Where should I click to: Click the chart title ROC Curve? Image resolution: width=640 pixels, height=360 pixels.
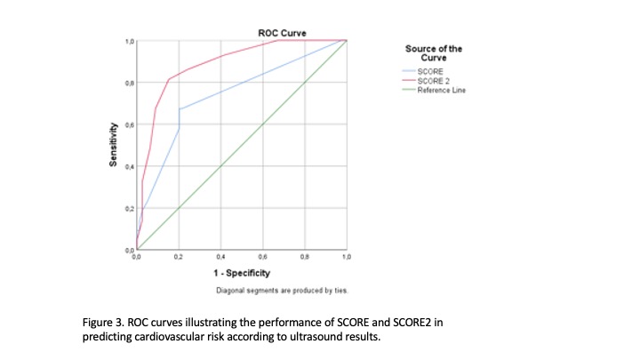[282, 33]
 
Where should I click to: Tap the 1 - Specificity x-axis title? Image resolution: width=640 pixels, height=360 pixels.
[240, 273]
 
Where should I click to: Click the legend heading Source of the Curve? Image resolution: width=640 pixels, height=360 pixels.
[434, 52]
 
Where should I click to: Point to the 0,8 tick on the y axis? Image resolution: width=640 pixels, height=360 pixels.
[129, 83]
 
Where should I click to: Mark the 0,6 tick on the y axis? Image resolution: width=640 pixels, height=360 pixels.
[129, 124]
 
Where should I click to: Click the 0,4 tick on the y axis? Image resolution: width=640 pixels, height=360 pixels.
[129, 166]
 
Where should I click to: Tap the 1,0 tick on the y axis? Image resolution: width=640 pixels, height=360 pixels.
[129, 42]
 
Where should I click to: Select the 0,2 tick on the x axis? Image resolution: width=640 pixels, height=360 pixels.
[179, 256]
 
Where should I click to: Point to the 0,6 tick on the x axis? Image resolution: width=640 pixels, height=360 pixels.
[262, 256]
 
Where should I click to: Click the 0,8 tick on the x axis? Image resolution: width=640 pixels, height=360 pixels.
[304, 256]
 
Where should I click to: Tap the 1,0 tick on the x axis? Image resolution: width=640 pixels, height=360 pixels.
[346, 256]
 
